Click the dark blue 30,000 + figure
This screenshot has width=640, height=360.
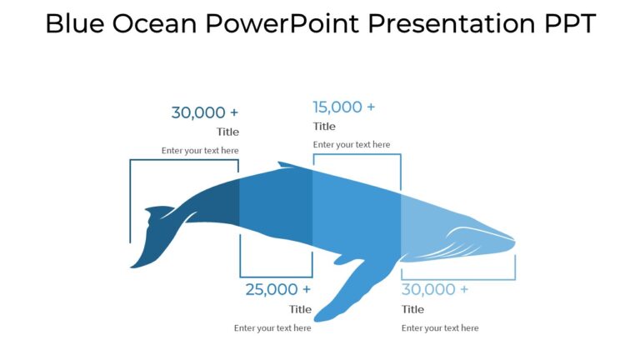(204, 112)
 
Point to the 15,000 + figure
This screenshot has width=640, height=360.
(343, 107)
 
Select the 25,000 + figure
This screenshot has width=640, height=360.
(277, 289)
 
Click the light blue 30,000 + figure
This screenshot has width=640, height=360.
(434, 289)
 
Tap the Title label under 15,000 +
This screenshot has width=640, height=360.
(324, 127)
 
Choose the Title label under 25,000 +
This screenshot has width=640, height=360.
(300, 309)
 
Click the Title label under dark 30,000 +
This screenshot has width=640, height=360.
(227, 132)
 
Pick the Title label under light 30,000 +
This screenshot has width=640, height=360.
(412, 309)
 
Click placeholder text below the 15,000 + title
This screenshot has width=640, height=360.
(351, 145)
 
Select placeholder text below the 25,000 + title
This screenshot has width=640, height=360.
(272, 328)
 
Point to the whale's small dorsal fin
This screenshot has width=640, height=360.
(287, 165)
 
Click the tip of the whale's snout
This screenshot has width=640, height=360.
(512, 242)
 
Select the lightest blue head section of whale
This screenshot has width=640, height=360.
(442, 229)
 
